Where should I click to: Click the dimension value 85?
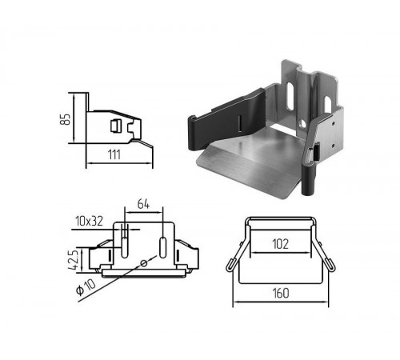65,119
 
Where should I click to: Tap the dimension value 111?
114,154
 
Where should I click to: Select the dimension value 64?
143,204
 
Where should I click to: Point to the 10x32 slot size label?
89,221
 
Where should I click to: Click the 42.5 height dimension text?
74,259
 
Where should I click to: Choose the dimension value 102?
280,244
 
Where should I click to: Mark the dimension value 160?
281,293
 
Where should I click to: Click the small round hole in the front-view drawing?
143,263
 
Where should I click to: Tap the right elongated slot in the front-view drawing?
162,247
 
